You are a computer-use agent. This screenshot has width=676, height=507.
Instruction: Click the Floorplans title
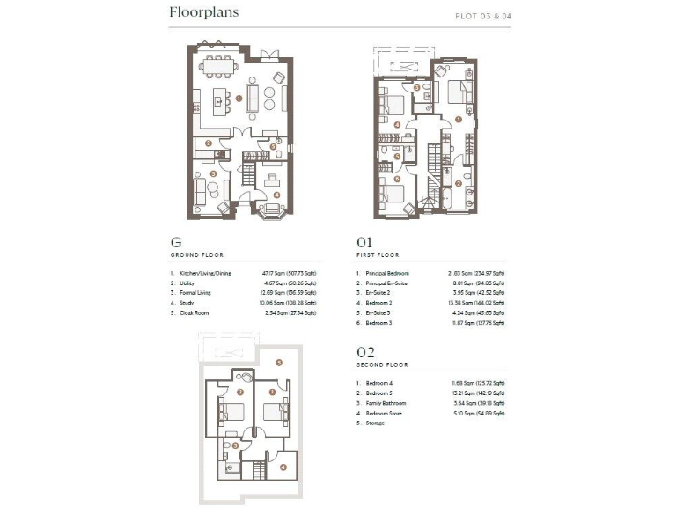tap(203, 13)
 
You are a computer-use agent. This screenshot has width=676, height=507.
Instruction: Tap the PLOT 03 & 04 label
tap(482, 16)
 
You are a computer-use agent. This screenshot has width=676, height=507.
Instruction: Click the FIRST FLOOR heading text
tap(378, 255)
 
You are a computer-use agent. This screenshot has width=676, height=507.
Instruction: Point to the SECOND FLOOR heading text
tap(383, 364)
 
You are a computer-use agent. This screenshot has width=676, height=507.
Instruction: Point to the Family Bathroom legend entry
tap(386, 403)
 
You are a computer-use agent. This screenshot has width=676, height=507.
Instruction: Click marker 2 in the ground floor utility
tap(209, 143)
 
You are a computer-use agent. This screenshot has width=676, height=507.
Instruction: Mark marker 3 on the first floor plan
tap(416, 87)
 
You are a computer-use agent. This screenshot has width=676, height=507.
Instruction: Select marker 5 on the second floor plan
tap(278, 362)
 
